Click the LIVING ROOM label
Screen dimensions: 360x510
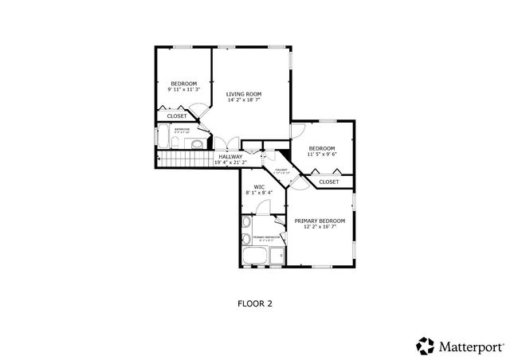243,94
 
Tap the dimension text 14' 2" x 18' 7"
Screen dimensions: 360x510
243,101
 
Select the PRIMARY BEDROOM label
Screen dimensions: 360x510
320,221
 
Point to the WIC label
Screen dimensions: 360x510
259,186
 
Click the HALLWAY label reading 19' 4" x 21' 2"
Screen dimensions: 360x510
230,157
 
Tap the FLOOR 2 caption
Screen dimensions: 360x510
255,303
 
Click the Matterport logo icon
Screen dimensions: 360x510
424,345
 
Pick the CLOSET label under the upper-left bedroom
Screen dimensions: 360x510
177,116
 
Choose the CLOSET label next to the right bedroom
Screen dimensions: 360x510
329,182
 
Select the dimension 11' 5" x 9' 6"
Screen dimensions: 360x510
322,155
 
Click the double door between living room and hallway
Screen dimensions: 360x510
227,145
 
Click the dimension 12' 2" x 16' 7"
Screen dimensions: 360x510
320,227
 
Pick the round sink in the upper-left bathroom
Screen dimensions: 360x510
194,144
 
